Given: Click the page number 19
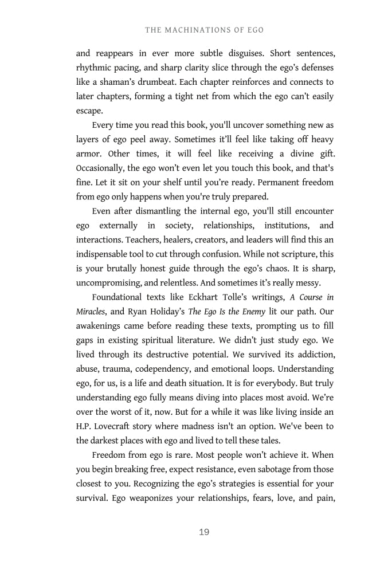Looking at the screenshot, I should click(x=204, y=532).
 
